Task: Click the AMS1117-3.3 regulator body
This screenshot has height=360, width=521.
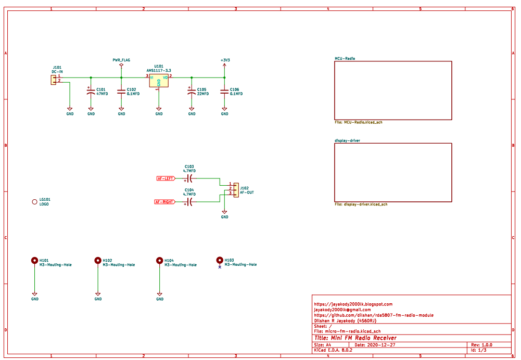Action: tap(159, 81)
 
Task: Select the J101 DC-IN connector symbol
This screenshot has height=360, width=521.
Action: tap(53, 79)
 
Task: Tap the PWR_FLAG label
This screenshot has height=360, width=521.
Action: tap(121, 60)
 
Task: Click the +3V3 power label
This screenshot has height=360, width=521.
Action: tap(225, 60)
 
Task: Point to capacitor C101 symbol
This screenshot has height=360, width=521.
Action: tap(91, 92)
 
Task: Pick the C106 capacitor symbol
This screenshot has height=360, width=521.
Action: tap(225, 92)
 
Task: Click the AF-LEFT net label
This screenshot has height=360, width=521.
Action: tap(166, 178)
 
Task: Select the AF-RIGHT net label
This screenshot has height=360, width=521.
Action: tap(165, 202)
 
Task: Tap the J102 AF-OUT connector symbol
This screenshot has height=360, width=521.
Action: tap(236, 190)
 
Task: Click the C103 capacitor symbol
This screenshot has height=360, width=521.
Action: tap(189, 178)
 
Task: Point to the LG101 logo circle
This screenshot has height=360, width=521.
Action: tap(35, 202)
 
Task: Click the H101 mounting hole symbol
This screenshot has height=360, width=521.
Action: tap(35, 260)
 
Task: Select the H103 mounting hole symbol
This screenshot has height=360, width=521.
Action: tap(220, 260)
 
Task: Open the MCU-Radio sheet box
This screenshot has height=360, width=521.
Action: tap(393, 91)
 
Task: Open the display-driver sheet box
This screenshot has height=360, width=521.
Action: tap(393, 172)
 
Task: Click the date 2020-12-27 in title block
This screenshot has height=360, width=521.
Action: tap(382, 345)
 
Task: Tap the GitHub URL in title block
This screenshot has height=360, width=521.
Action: tap(374, 315)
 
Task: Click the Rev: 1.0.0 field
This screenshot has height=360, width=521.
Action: tap(481, 345)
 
